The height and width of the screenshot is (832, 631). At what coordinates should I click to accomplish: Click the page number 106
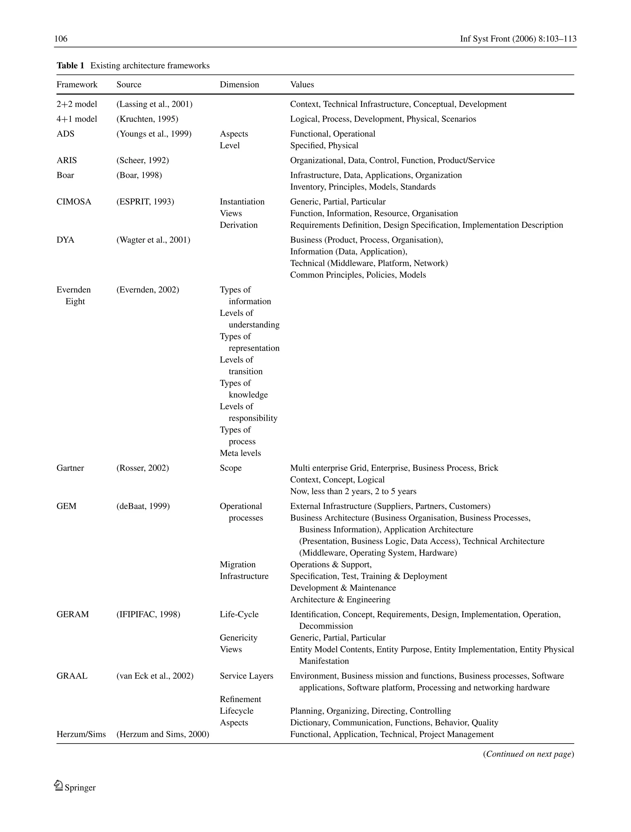point(61,39)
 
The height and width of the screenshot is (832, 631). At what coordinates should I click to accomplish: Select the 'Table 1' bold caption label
point(70,66)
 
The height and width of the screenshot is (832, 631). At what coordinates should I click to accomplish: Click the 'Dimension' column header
point(239,85)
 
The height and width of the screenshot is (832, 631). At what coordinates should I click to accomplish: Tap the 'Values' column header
point(302,85)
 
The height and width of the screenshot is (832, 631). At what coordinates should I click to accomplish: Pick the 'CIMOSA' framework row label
point(74,202)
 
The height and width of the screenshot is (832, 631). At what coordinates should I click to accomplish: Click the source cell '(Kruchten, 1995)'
point(147,119)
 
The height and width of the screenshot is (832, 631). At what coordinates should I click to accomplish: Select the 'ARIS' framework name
point(67,161)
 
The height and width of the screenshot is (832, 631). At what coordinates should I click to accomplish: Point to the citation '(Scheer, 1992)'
point(143,161)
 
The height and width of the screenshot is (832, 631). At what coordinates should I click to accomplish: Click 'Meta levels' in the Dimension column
point(240,453)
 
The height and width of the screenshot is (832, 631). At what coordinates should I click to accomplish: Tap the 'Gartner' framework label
point(70,468)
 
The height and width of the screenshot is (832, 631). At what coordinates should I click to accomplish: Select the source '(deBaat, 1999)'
point(143,506)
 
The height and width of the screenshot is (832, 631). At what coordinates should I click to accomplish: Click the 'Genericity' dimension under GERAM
point(238,638)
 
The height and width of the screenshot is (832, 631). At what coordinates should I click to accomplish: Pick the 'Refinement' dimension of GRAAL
point(240,699)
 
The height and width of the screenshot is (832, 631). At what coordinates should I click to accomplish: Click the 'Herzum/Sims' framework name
point(81,734)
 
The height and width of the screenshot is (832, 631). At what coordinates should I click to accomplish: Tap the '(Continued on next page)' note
point(528,754)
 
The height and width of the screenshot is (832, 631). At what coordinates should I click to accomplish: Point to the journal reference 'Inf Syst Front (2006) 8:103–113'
point(518,39)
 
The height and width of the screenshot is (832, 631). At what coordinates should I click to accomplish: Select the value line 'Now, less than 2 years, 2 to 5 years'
point(353,491)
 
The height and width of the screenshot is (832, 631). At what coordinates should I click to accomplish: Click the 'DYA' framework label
point(65,240)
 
